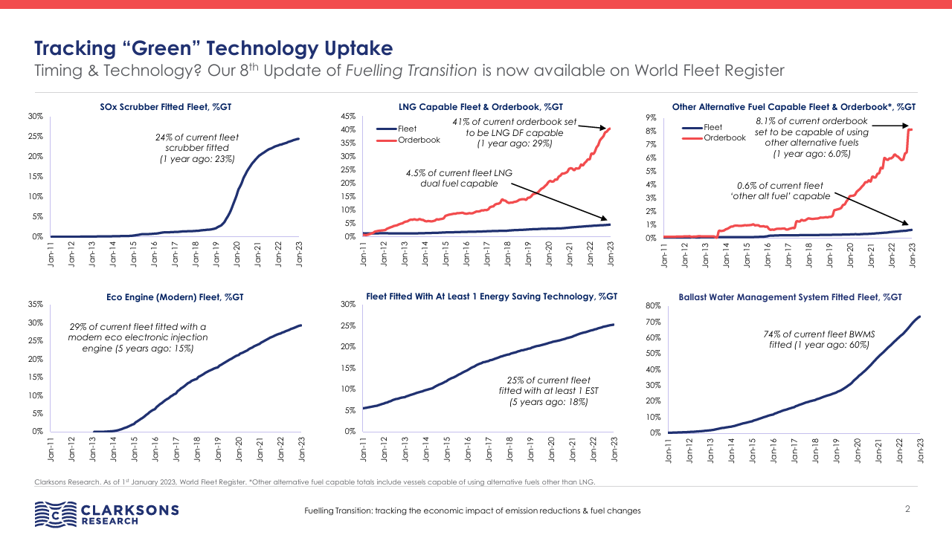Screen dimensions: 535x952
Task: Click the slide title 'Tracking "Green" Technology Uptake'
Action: pyautogui.click(x=213, y=49)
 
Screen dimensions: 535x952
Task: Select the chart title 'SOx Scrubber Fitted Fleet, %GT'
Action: pyautogui.click(x=166, y=107)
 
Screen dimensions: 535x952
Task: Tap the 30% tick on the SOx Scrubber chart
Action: pyautogui.click(x=35, y=117)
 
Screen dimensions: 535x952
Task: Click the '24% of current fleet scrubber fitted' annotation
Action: pyautogui.click(x=197, y=148)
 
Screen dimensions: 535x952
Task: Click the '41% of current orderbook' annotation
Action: pyautogui.click(x=514, y=132)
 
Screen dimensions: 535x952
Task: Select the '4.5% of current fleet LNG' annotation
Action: pyautogui.click(x=459, y=178)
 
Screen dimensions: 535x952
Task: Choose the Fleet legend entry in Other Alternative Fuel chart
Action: pyautogui.click(x=712, y=127)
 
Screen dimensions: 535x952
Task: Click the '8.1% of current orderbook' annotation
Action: pyautogui.click(x=811, y=137)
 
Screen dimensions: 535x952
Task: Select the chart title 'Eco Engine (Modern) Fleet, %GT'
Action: pyautogui.click(x=175, y=297)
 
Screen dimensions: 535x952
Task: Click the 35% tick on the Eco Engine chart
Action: pyautogui.click(x=35, y=305)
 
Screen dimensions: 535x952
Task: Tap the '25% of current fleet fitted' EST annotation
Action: pyautogui.click(x=548, y=391)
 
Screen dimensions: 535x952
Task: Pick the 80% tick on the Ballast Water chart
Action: pyautogui.click(x=653, y=306)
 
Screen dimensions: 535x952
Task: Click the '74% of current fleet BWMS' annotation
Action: pyautogui.click(x=818, y=340)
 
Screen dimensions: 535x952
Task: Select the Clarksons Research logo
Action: pyautogui.click(x=107, y=513)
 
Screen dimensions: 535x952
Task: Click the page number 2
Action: pyautogui.click(x=907, y=509)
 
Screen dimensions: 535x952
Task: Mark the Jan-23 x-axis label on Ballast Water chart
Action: pyautogui.click(x=920, y=450)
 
